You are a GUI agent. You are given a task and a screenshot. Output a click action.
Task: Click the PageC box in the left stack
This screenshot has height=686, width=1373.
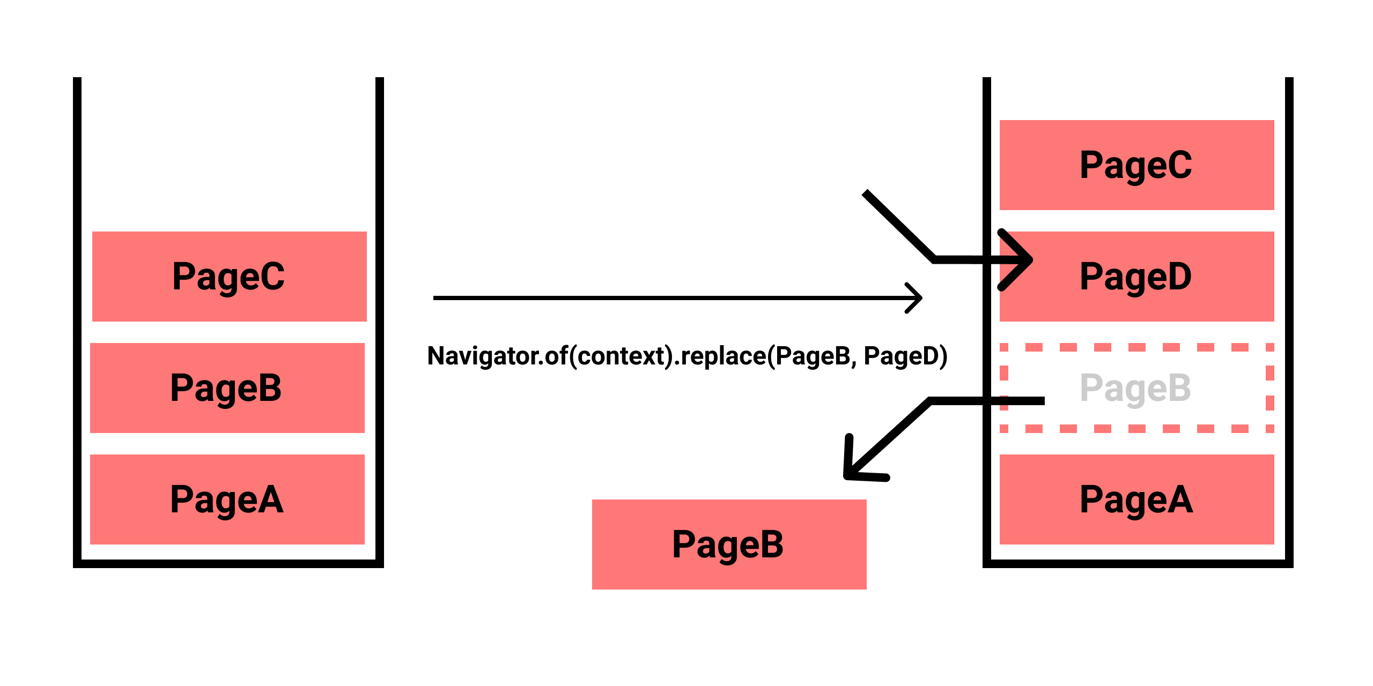(x=229, y=277)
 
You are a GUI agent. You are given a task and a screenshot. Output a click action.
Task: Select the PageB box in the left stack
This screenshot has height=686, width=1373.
(x=227, y=388)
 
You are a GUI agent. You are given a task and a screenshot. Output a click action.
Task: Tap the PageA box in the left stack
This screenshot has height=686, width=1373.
(x=227, y=499)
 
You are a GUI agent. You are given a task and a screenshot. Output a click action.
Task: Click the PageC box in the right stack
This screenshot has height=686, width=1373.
(x=1136, y=165)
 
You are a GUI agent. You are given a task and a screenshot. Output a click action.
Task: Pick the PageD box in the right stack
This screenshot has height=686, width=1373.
(x=1136, y=277)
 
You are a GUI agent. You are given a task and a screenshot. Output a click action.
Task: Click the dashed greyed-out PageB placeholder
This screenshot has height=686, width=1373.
(x=1136, y=388)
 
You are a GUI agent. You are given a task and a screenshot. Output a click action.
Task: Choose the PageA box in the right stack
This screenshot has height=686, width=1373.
(x=1136, y=499)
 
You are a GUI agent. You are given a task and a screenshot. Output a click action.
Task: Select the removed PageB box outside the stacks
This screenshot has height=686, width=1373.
(x=728, y=545)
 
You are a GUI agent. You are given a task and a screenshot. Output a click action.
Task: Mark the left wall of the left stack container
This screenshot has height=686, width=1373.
(x=77, y=322)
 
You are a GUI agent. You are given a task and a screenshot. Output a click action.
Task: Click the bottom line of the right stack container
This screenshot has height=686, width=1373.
(x=1137, y=563)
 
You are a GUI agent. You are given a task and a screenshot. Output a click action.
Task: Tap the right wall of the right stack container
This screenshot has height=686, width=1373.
(x=1289, y=322)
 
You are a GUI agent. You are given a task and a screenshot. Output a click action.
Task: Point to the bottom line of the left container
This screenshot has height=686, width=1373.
(x=228, y=563)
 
